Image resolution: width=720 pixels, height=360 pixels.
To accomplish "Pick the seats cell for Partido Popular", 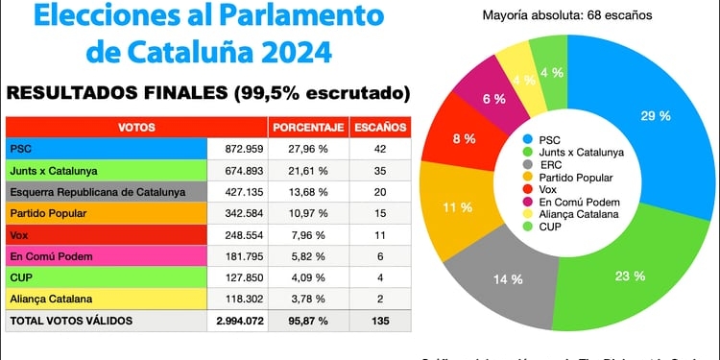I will click(x=380, y=213).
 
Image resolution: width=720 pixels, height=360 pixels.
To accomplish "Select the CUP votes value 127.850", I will click(x=236, y=277).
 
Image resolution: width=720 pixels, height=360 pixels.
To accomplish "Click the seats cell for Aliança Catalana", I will click(x=380, y=299).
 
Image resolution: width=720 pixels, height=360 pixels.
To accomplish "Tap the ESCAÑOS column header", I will click(x=380, y=127).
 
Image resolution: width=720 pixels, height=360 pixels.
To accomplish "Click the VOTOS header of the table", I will click(x=136, y=127).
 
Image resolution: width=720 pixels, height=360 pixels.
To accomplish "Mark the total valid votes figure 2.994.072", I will click(x=236, y=321).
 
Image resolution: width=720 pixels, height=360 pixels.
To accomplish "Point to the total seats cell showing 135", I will click(x=380, y=321).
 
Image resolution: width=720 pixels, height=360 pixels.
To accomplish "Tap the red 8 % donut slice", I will click(x=464, y=139).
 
